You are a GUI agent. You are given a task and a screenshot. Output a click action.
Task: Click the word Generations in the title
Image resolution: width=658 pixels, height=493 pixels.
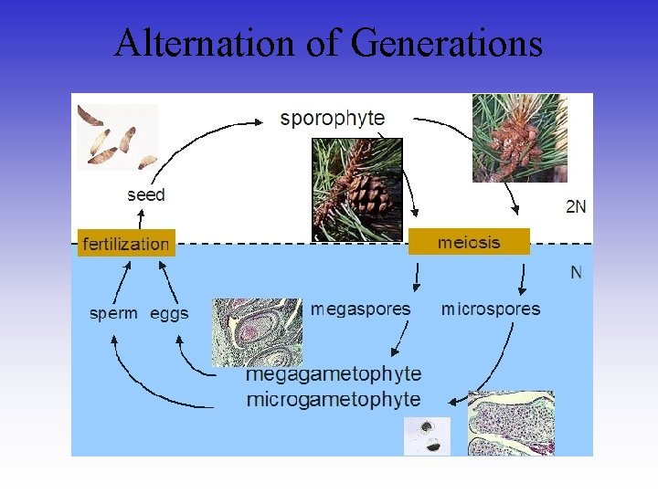[x=447, y=44]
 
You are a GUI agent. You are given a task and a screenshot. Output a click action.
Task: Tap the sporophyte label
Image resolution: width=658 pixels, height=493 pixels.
[x=333, y=118]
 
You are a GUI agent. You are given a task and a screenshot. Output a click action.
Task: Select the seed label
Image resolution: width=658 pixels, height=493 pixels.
[x=146, y=194]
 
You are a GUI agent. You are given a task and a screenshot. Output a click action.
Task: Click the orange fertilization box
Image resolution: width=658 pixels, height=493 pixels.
[x=126, y=243]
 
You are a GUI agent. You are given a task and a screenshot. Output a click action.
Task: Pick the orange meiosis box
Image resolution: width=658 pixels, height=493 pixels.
[x=469, y=242]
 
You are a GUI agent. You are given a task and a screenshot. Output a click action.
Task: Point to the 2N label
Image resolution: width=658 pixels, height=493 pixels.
[x=576, y=207]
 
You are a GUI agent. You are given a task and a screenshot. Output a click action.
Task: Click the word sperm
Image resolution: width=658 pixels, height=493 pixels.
[x=113, y=313]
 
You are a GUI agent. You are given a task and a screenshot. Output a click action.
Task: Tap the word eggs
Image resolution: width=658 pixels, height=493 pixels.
[x=169, y=313]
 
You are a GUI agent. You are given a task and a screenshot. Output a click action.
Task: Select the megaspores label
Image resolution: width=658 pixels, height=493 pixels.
[x=360, y=309]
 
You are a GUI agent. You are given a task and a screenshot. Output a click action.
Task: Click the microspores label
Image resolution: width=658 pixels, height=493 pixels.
[x=491, y=309]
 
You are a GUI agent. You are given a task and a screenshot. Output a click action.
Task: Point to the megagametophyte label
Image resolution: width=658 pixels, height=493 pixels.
[x=334, y=374]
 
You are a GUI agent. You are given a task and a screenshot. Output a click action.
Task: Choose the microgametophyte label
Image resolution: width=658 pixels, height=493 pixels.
[x=334, y=399]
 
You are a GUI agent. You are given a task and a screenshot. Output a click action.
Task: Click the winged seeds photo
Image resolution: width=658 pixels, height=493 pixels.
[x=117, y=136]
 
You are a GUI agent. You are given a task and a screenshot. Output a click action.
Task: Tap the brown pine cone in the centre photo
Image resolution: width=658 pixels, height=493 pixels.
[x=369, y=194]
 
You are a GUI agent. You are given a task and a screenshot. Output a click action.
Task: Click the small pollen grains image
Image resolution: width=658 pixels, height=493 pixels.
[x=427, y=435]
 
